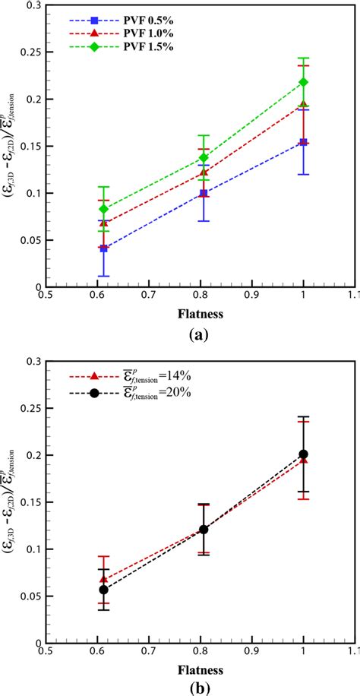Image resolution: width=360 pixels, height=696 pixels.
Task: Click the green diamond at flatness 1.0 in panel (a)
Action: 304,82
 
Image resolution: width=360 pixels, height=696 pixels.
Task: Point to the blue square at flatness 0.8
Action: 204,193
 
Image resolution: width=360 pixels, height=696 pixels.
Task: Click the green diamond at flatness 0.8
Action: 204,157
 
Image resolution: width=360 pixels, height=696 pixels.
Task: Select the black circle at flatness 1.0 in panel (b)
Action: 304,454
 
